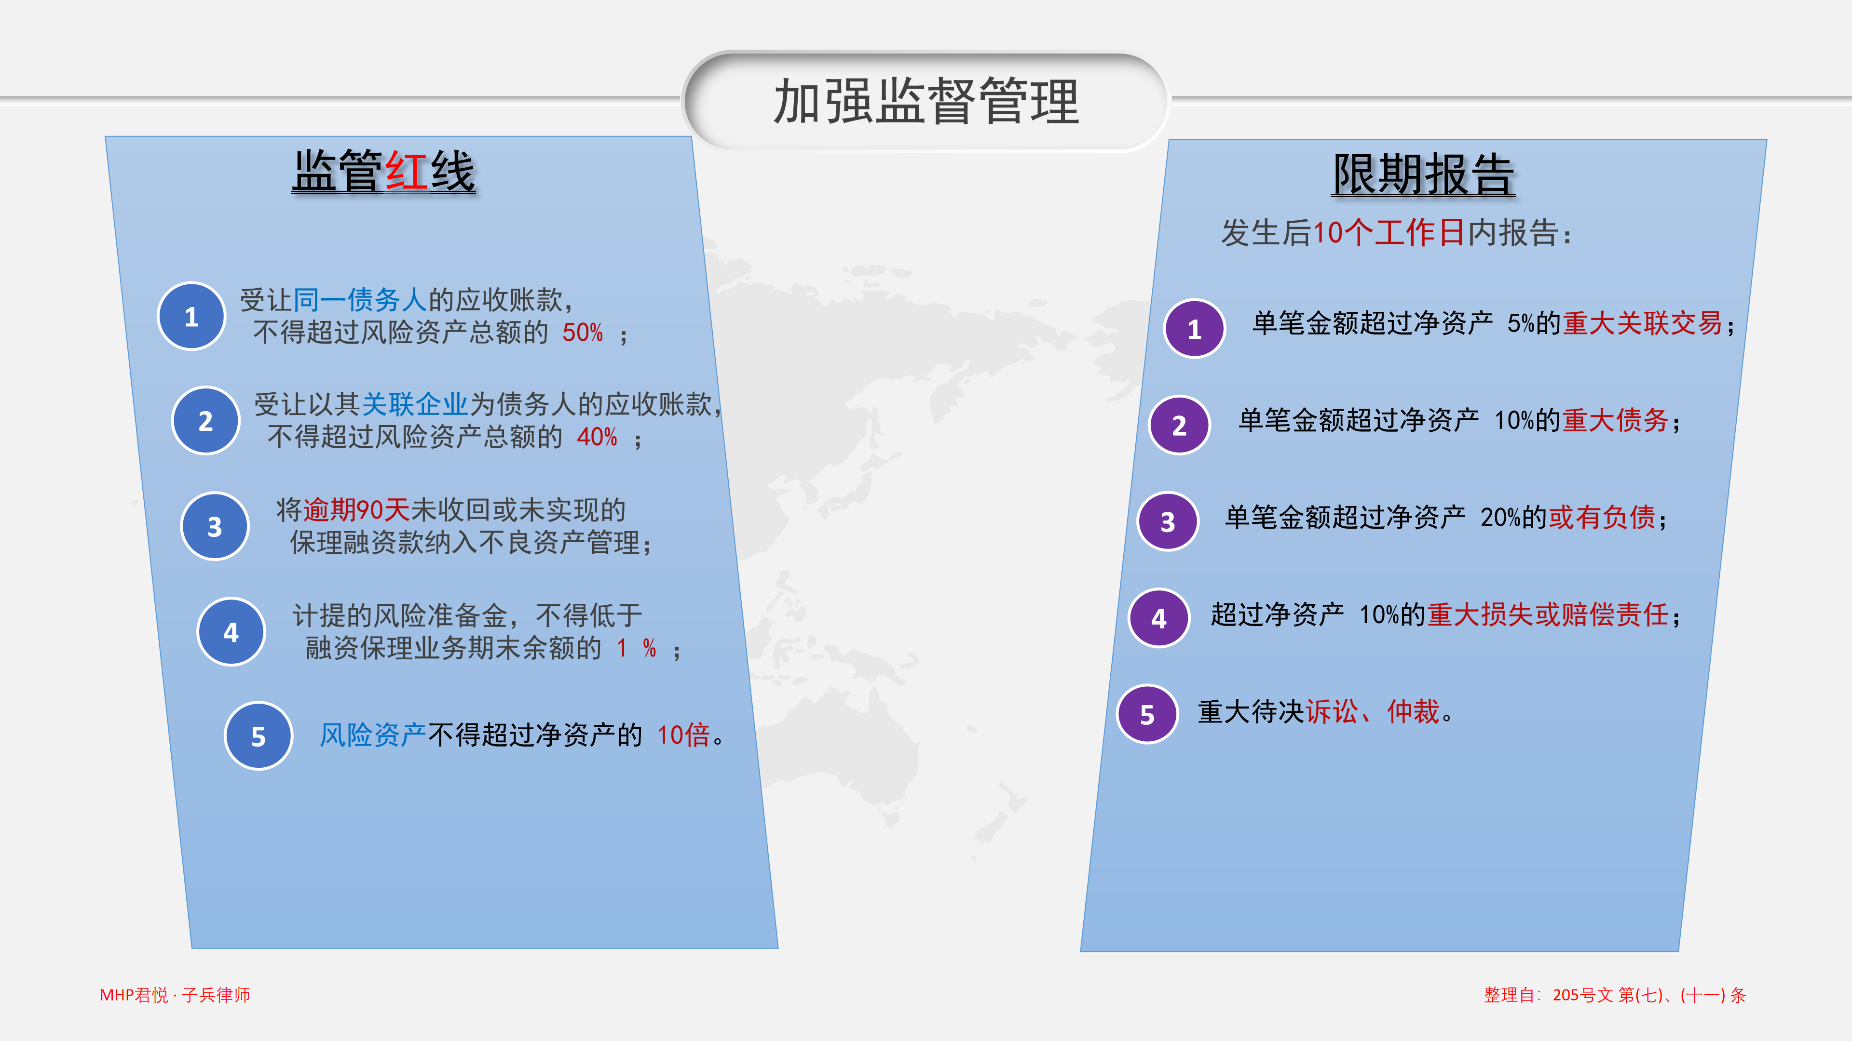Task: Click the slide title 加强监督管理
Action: click(926, 101)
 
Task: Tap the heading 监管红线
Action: click(383, 171)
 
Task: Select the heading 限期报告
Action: click(1424, 174)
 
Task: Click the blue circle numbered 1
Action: click(191, 316)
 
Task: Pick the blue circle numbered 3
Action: click(215, 527)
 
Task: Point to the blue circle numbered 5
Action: click(259, 735)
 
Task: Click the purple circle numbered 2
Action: click(1180, 425)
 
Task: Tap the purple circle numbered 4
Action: click(1159, 618)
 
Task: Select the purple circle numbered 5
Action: click(1147, 714)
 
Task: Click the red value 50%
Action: click(582, 333)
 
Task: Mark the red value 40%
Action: click(597, 437)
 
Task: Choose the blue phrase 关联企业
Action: click(415, 404)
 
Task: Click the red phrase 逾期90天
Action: click(356, 510)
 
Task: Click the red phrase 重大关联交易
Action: click(1643, 323)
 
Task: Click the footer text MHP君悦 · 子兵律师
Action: click(175, 995)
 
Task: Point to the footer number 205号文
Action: click(1582, 995)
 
